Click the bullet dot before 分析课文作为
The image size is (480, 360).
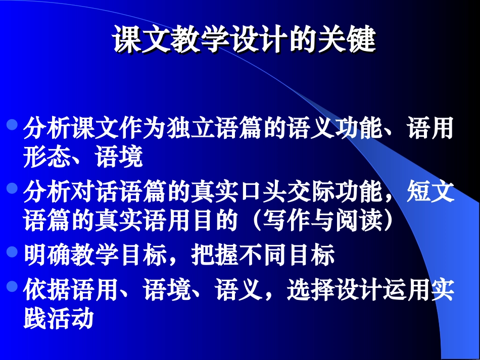14,124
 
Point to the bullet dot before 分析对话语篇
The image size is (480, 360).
14,188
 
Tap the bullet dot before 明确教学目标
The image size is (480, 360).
14,251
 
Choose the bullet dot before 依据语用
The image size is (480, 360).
14,286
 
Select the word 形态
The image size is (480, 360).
47,158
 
